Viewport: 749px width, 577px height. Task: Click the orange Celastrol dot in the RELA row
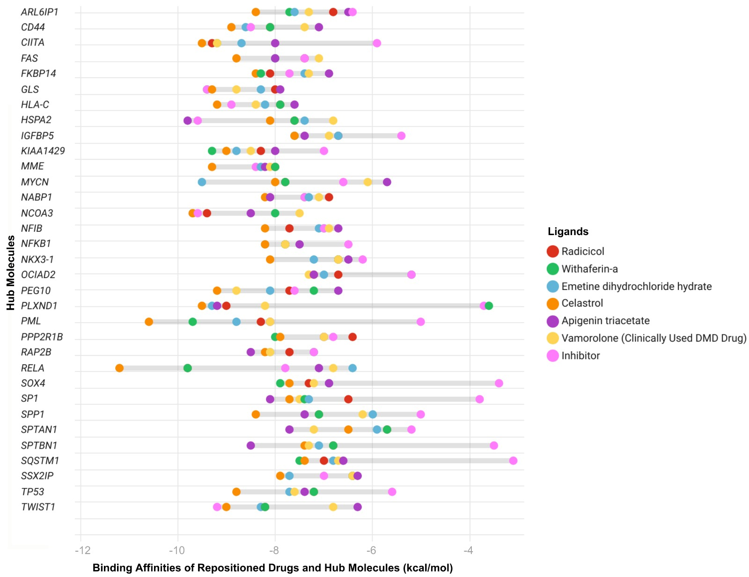(x=119, y=368)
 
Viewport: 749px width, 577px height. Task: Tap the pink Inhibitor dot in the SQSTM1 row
(x=513, y=461)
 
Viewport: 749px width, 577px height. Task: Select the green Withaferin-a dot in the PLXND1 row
(x=489, y=306)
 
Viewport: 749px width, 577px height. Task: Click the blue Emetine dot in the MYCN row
(x=202, y=182)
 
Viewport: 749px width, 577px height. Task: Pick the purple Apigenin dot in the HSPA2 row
(x=188, y=120)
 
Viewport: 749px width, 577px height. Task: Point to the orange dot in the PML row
(x=149, y=322)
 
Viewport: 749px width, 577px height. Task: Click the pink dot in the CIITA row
(x=377, y=43)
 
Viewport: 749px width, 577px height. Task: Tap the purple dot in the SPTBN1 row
(x=251, y=445)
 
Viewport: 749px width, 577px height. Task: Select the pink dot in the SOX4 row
(x=499, y=384)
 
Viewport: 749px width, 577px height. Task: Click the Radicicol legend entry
(x=582, y=252)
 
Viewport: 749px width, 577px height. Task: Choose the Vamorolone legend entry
(x=654, y=338)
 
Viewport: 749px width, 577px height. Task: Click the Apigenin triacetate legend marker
(x=553, y=321)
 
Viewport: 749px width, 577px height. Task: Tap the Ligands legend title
(x=568, y=231)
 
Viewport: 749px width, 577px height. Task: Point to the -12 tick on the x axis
(x=82, y=550)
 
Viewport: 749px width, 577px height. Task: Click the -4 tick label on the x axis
(x=469, y=550)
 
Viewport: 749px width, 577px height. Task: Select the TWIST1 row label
(x=38, y=507)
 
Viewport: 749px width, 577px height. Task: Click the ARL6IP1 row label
(x=40, y=12)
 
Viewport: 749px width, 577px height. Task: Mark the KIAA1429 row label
(x=43, y=151)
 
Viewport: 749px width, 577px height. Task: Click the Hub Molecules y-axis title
(x=10, y=273)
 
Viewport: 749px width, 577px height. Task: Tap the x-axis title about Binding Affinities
(x=272, y=568)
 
